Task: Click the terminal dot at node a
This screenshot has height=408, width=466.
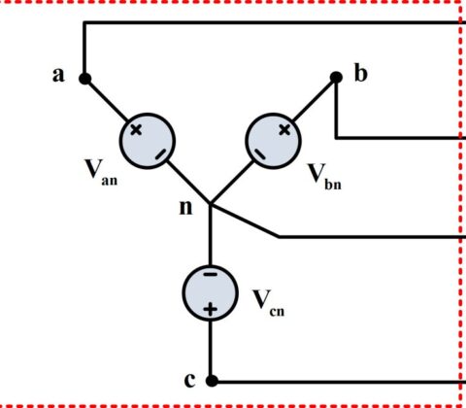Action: [x=85, y=79]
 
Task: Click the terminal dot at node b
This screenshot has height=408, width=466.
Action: [x=336, y=78]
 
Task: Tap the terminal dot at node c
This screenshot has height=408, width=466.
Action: [x=212, y=381]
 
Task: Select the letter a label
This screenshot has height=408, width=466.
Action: [x=58, y=75]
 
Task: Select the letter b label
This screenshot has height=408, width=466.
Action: [x=361, y=73]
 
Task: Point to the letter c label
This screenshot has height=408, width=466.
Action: [x=189, y=380]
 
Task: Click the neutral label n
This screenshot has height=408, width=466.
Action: [x=185, y=207]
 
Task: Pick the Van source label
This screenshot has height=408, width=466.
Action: [x=101, y=173]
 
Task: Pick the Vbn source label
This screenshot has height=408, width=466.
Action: [x=324, y=177]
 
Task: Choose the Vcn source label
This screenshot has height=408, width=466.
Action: [x=268, y=303]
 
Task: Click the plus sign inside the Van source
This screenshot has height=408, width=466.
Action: [x=136, y=130]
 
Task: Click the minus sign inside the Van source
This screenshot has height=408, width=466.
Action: [x=161, y=154]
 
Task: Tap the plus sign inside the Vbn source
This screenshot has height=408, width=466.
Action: [x=284, y=130]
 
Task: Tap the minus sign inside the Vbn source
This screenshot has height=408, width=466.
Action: [x=259, y=154]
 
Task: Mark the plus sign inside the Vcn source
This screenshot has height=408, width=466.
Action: [x=211, y=309]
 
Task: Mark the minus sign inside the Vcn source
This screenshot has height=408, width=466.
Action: [x=211, y=275]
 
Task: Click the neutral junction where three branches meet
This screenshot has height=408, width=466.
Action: [x=211, y=204]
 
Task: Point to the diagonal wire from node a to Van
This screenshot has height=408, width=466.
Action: [x=107, y=100]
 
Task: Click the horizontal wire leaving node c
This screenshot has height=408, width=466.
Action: [x=338, y=382]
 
